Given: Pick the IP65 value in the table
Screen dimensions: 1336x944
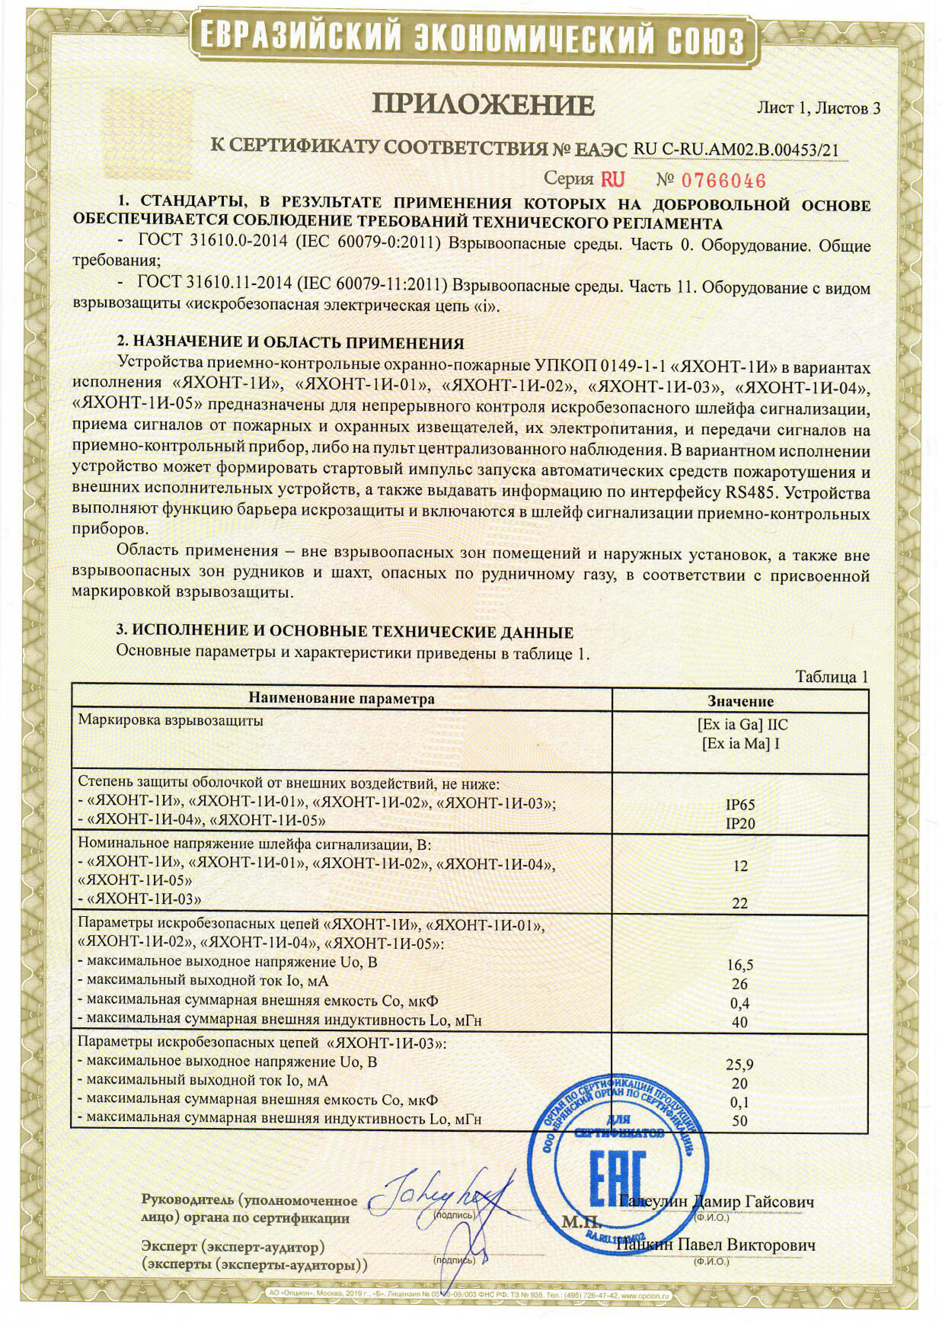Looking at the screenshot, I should tap(740, 805).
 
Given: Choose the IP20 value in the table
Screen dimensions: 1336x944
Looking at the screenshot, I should tap(740, 823).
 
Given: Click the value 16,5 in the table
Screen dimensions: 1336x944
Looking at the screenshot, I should tap(740, 965).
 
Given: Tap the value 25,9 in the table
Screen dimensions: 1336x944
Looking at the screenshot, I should tap(740, 1064).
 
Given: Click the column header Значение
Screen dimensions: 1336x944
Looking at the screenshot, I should tap(740, 701).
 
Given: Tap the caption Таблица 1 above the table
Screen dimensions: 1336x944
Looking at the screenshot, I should tap(832, 677).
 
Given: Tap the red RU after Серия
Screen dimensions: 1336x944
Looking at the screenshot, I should tap(612, 179).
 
